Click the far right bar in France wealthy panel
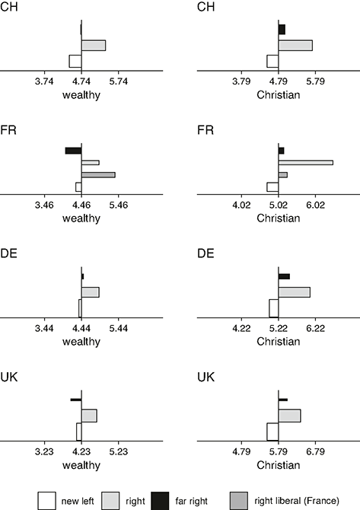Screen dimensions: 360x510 pyautogui.click(x=74, y=151)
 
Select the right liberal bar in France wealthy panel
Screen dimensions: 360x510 pyautogui.click(x=98, y=175)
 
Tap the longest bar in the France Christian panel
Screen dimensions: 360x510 pyautogui.click(x=306, y=163)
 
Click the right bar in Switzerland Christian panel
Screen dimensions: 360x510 pyautogui.click(x=295, y=46)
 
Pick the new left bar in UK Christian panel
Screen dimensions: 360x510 pyautogui.click(x=272, y=432)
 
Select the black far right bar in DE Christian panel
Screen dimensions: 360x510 pyautogui.click(x=284, y=276)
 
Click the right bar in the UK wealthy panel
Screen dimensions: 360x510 pyautogui.click(x=89, y=416)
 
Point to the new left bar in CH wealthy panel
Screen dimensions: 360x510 pyautogui.click(x=75, y=61)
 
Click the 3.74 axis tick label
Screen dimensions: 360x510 pyautogui.click(x=44, y=81)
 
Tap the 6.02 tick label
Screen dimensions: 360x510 pyautogui.click(x=315, y=206)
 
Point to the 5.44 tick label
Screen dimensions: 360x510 pyautogui.click(x=119, y=329)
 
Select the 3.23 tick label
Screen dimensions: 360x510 pyautogui.click(x=44, y=452)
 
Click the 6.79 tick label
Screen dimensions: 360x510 pyautogui.click(x=315, y=452)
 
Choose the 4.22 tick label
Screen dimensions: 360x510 pyautogui.click(x=241, y=329)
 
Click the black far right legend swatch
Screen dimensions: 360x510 pyautogui.click(x=160, y=501)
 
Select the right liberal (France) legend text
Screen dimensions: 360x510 pyautogui.click(x=297, y=501)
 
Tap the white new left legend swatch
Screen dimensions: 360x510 pyautogui.click(x=46, y=501)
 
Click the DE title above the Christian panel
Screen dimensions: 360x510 pyautogui.click(x=205, y=253)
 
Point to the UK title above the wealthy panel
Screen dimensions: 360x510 pyautogui.click(x=9, y=377)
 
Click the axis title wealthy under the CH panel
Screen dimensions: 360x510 pyautogui.click(x=81, y=95)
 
